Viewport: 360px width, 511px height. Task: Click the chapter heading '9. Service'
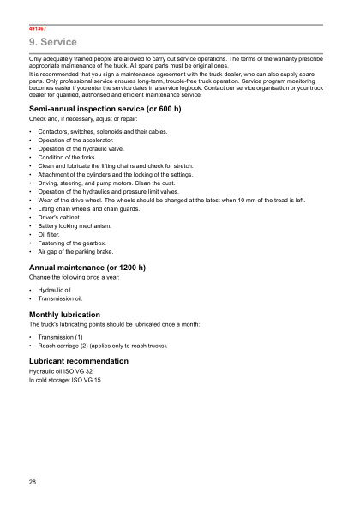pos(53,42)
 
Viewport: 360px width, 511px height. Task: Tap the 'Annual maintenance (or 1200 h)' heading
pos(87,268)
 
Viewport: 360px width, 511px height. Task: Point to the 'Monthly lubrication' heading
pos(64,315)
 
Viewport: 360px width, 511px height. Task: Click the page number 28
pos(33,484)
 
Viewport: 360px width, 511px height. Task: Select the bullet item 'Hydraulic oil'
pos(54,291)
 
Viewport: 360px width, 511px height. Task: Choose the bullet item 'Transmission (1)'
pos(60,337)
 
